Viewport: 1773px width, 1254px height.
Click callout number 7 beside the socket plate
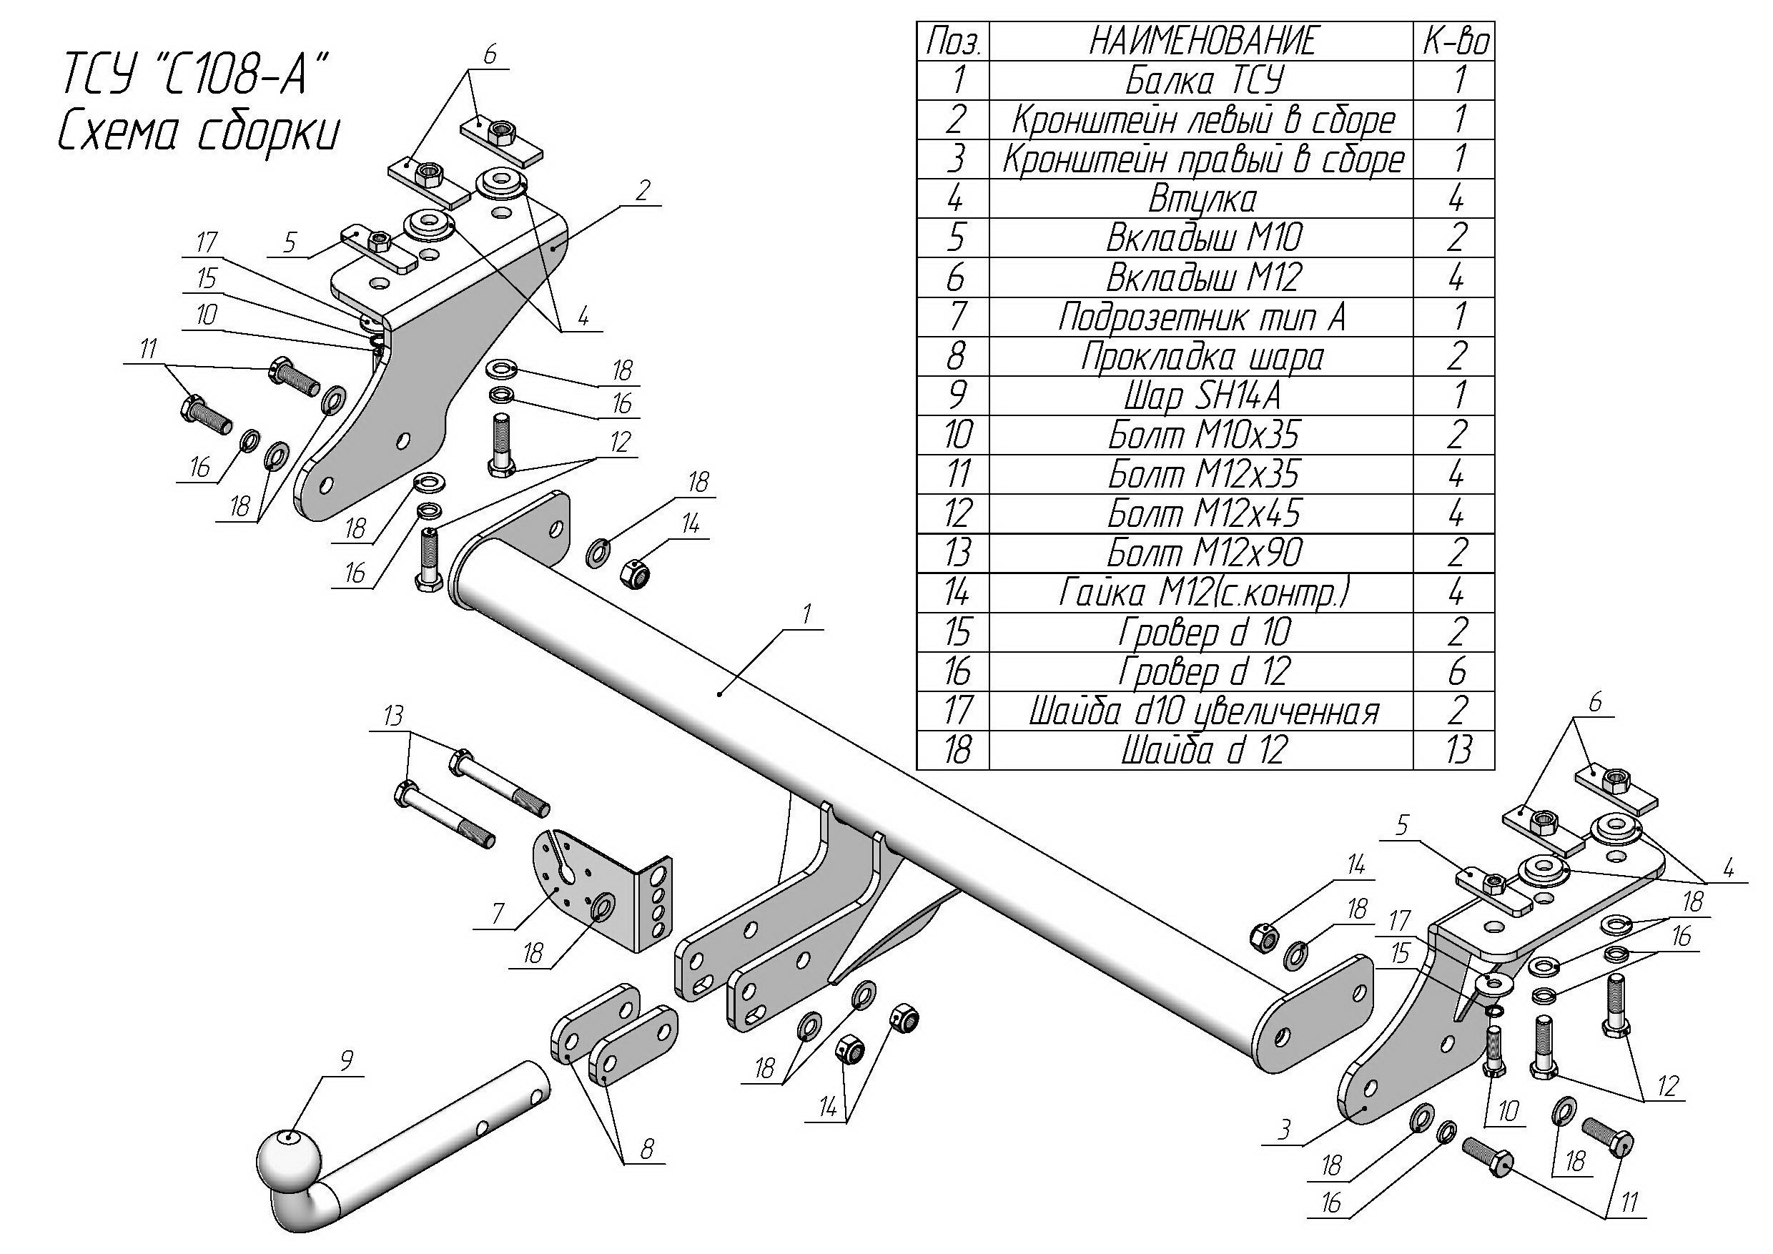tap(498, 915)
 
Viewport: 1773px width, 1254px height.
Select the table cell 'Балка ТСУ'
tap(1203, 80)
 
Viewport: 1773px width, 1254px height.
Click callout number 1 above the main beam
tap(807, 615)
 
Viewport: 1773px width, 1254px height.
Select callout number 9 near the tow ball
tap(346, 1061)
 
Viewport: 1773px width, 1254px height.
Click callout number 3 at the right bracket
tap(1283, 1130)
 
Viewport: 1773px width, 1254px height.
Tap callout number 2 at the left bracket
tap(643, 190)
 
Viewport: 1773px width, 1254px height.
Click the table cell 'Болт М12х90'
tap(1203, 553)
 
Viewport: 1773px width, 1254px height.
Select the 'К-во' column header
tap(1455, 41)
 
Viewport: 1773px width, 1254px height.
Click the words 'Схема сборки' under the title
tap(199, 132)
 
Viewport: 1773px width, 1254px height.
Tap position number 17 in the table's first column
tap(957, 711)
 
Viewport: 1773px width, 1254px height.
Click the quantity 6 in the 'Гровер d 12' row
tap(1456, 671)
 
